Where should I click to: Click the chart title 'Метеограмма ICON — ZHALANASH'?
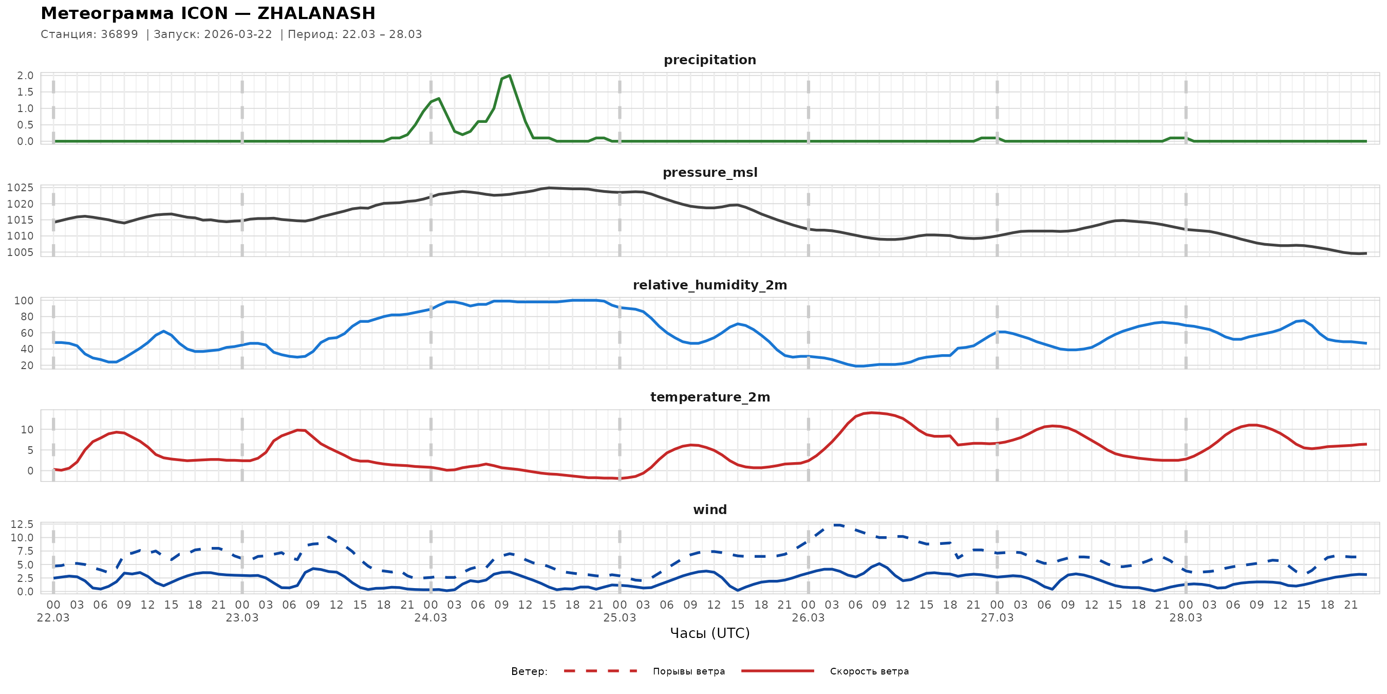pos(208,13)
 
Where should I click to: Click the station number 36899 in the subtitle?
pos(119,34)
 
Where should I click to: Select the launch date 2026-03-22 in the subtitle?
pos(238,34)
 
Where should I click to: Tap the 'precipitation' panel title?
pos(709,60)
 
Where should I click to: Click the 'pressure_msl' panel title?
pos(709,172)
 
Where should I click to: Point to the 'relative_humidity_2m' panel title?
pos(709,285)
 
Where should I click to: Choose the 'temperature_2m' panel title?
pos(709,397)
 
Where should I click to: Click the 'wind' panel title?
pos(709,510)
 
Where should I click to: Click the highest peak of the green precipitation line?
pos(510,76)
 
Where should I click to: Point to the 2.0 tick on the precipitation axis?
pos(25,76)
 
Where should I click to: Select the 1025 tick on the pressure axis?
pos(20,188)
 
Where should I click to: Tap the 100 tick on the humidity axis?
pos(23,301)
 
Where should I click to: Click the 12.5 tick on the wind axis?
pos(22,524)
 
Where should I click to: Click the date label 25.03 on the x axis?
pos(619,618)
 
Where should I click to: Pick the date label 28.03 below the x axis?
pos(1185,618)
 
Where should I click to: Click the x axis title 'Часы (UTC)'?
pos(709,633)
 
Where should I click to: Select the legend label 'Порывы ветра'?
pos(689,671)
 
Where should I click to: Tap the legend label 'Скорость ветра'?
pos(869,671)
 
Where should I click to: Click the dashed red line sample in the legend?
pos(601,671)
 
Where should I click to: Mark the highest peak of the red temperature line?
pos(872,413)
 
